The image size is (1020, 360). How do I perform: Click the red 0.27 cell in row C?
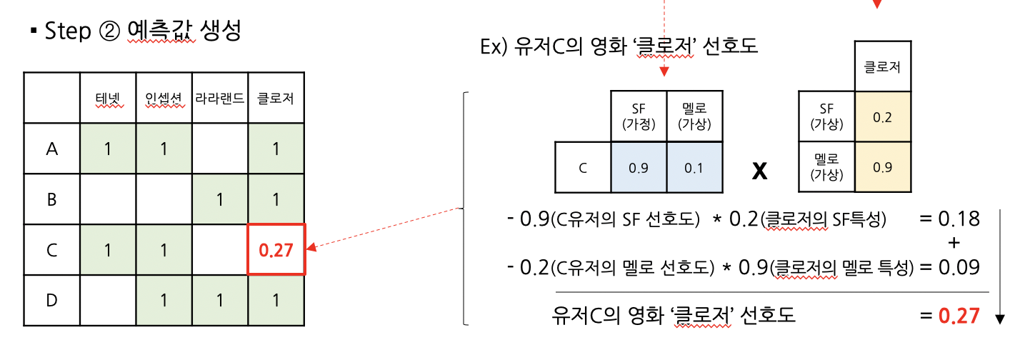[x=276, y=249]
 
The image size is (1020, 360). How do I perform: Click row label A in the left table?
[x=51, y=149]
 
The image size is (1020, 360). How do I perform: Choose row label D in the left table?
[x=51, y=300]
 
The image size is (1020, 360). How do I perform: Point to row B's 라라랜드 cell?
[x=220, y=199]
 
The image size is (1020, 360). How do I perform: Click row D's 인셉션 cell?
[x=164, y=300]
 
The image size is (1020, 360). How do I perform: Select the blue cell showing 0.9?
[x=639, y=167]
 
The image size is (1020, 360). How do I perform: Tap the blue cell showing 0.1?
[x=694, y=167]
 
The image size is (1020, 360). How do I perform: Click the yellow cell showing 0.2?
[x=883, y=116]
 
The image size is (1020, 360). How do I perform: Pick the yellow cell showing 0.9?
[x=883, y=167]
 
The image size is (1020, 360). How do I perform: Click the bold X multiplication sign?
[x=760, y=172]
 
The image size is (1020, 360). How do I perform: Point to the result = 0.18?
[x=949, y=218]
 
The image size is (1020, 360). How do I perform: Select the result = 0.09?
[x=949, y=266]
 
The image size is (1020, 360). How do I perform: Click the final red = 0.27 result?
[x=949, y=315]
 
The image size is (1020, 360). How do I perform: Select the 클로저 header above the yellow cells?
[x=883, y=69]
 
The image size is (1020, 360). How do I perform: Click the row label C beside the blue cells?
[x=583, y=167]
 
